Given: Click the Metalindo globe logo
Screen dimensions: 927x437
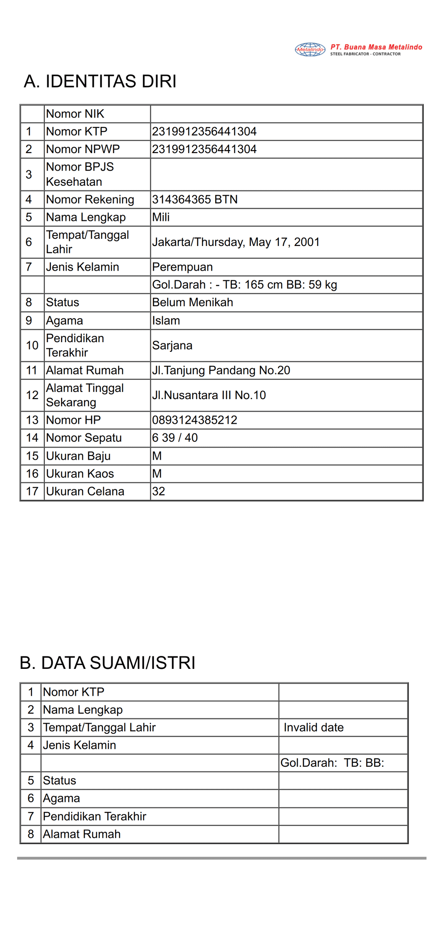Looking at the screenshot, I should pyautogui.click(x=310, y=49).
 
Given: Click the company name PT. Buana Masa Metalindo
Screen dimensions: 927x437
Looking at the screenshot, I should pyautogui.click(x=376, y=47).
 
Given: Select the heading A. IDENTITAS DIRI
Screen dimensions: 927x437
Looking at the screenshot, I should pyautogui.click(x=100, y=81).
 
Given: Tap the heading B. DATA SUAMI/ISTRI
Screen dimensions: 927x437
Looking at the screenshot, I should pyautogui.click(x=108, y=663).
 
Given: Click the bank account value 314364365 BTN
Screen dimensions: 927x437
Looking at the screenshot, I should pyautogui.click(x=195, y=200).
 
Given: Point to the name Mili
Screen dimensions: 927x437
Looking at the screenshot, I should pyautogui.click(x=161, y=217).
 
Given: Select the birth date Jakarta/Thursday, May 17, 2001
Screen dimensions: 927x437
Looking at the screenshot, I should pyautogui.click(x=236, y=242).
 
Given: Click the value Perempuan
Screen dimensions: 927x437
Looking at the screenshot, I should pyautogui.click(x=182, y=267).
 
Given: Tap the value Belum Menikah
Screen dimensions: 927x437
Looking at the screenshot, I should pyautogui.click(x=193, y=302).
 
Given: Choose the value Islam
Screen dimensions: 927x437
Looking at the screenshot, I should pyautogui.click(x=166, y=321).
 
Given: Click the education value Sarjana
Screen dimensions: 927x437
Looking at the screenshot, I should pyautogui.click(x=172, y=346).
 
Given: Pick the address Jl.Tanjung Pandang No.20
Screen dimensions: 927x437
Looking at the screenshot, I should pyautogui.click(x=221, y=371).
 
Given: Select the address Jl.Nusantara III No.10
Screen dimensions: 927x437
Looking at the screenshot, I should pyautogui.click(x=209, y=395).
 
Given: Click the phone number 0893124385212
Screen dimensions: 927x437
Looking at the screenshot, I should pyautogui.click(x=195, y=420).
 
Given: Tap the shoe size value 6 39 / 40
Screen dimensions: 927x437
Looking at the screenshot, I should pyautogui.click(x=175, y=438).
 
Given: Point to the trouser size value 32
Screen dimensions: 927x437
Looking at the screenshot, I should pyautogui.click(x=159, y=492).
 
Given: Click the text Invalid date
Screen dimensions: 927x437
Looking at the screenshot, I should pyautogui.click(x=314, y=727).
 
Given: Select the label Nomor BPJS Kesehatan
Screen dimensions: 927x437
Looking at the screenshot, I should pyautogui.click(x=80, y=174).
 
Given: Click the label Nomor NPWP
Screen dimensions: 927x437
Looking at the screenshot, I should pyautogui.click(x=83, y=149).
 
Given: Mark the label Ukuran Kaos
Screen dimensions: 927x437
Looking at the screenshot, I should pyautogui.click(x=80, y=474).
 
